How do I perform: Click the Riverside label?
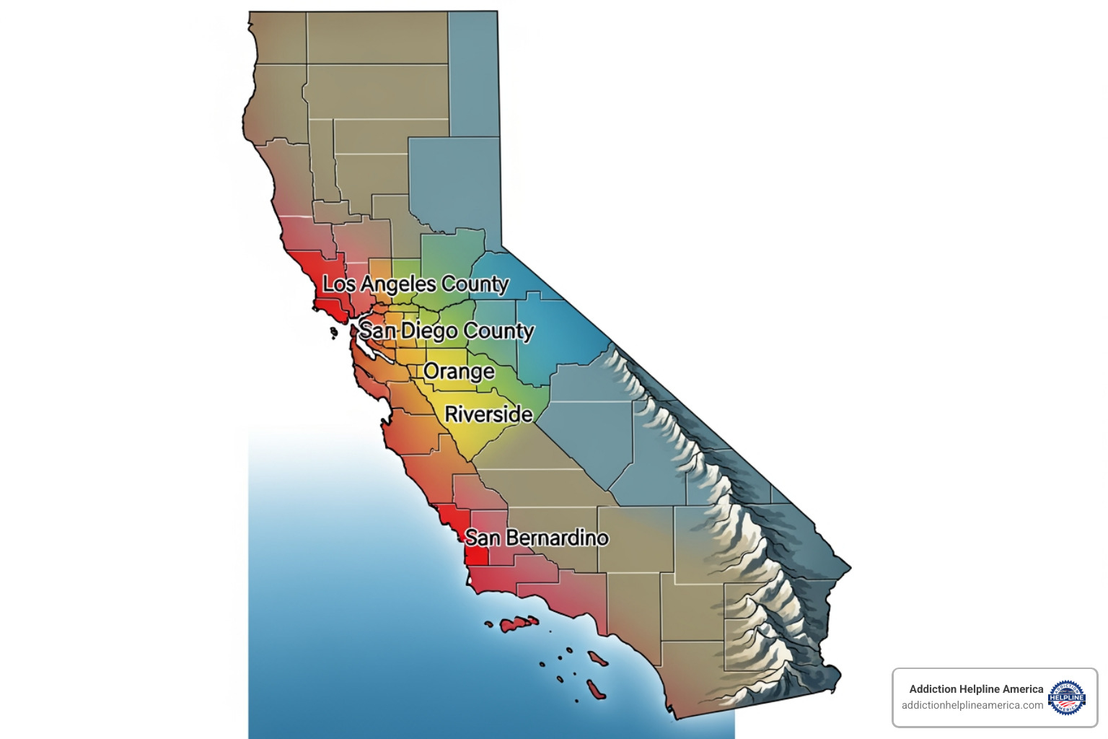click(488, 414)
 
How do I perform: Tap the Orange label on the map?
click(459, 372)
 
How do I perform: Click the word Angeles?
click(398, 284)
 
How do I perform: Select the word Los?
click(339, 284)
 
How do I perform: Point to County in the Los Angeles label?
click(475, 284)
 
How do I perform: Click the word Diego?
click(429, 331)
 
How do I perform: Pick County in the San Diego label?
click(498, 331)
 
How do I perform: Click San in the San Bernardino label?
click(483, 538)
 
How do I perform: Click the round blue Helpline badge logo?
click(1067, 697)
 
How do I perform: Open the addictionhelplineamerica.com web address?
click(972, 705)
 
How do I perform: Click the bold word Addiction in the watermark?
click(933, 689)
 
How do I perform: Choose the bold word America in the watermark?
click(1023, 689)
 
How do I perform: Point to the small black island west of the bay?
click(333, 333)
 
